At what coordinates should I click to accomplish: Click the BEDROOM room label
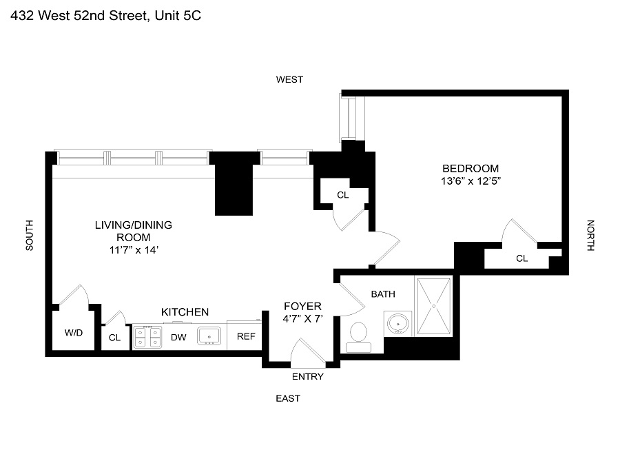[x=471, y=168]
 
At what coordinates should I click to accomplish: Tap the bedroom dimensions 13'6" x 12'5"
[x=471, y=181]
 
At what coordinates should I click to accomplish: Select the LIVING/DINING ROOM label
[x=133, y=231]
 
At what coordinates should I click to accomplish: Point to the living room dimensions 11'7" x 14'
[x=134, y=250]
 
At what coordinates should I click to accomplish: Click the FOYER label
[x=303, y=306]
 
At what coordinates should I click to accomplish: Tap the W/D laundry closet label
[x=74, y=333]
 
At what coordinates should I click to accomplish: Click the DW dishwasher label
[x=178, y=338]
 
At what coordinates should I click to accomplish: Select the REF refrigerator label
[x=246, y=336]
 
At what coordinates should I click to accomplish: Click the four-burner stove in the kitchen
[x=147, y=337]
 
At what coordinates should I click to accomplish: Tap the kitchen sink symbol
[x=209, y=336]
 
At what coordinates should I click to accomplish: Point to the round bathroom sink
[x=397, y=324]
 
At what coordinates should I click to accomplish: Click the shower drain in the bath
[x=434, y=306]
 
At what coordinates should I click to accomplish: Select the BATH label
[x=383, y=294]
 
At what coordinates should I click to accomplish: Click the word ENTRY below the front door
[x=308, y=376]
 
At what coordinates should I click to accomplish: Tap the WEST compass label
[x=289, y=79]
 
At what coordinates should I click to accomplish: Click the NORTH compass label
[x=590, y=235]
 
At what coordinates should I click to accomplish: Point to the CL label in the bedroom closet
[x=522, y=258]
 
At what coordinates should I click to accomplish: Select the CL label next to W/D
[x=114, y=338]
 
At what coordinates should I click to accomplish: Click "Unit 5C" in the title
[x=178, y=15]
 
